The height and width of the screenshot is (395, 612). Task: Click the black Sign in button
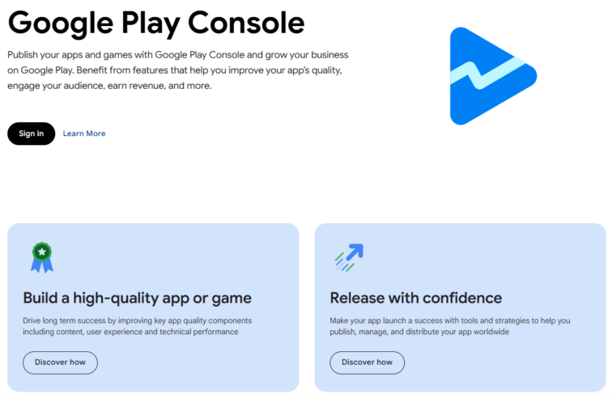31,134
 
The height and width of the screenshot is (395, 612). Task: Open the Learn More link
84,134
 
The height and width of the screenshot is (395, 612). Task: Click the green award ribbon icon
41,257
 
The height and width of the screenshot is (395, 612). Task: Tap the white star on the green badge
41,251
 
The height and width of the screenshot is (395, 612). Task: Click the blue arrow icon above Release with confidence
349,257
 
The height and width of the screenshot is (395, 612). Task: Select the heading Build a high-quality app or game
137,298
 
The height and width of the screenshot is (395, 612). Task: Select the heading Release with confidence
415,298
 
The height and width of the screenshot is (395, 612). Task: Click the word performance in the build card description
215,332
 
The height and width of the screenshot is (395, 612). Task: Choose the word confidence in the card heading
461,298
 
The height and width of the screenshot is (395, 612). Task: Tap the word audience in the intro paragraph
82,86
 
